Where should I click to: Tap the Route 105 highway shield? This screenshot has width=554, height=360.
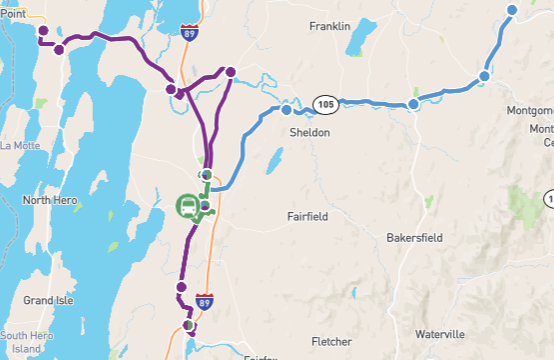pyautogui.click(x=324, y=104)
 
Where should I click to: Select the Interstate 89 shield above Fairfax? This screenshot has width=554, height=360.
pyautogui.click(x=204, y=301)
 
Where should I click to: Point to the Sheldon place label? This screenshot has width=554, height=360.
pyautogui.click(x=309, y=131)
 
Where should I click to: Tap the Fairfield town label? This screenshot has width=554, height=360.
pyautogui.click(x=308, y=214)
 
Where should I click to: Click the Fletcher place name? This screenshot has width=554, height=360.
pyautogui.click(x=331, y=341)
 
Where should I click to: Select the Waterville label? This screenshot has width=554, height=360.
pyautogui.click(x=441, y=333)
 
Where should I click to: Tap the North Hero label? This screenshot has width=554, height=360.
pyautogui.click(x=50, y=200)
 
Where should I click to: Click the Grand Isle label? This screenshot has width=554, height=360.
pyautogui.click(x=51, y=300)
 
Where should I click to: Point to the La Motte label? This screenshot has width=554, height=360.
pyautogui.click(x=19, y=146)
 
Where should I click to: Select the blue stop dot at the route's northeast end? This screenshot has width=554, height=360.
pyautogui.click(x=512, y=10)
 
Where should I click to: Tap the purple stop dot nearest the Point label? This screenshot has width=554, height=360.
pyautogui.click(x=43, y=31)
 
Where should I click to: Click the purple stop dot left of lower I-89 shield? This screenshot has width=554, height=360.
pyautogui.click(x=181, y=288)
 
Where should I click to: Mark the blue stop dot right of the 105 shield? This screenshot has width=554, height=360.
pyautogui.click(x=413, y=105)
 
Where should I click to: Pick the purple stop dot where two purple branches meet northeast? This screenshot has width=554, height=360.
pyautogui.click(x=231, y=72)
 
